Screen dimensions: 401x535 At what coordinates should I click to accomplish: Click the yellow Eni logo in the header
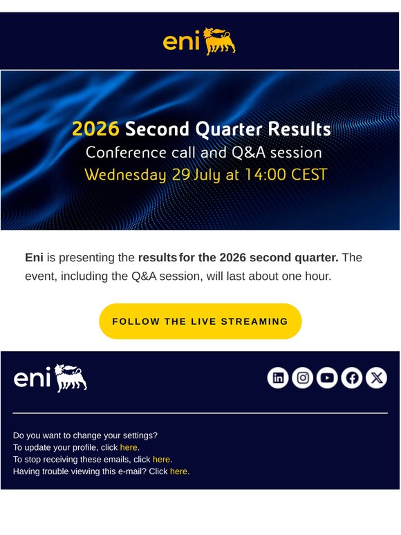pyautogui.click(x=199, y=41)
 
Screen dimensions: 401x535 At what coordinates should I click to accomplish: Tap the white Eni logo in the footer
pyautogui.click(x=50, y=378)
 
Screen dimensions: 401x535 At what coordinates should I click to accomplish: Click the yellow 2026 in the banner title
pyautogui.click(x=95, y=129)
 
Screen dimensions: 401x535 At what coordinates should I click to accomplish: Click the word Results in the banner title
pyautogui.click(x=299, y=129)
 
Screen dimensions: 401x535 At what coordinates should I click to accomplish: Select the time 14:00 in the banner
pyautogui.click(x=265, y=174)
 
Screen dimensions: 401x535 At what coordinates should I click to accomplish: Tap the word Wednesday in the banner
pyautogui.click(x=125, y=175)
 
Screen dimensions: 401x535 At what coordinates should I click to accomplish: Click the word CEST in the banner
pyautogui.click(x=309, y=174)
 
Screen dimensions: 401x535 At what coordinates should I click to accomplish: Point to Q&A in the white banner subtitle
pyautogui.click(x=248, y=153)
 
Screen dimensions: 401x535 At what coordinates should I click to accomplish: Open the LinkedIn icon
pyautogui.click(x=278, y=377)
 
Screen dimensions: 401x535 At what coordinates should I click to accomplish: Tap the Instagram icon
pyautogui.click(x=303, y=377)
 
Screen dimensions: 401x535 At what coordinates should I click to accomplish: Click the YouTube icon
pyautogui.click(x=327, y=377)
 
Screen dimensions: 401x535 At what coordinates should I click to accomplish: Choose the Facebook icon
pyautogui.click(x=352, y=377)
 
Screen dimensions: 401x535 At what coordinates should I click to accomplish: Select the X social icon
pyautogui.click(x=376, y=377)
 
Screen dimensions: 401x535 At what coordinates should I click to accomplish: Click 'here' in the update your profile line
pyautogui.click(x=129, y=447)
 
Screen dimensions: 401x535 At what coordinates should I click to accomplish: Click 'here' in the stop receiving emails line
pyautogui.click(x=161, y=459)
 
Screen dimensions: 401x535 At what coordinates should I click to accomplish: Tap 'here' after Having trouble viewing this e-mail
pyautogui.click(x=179, y=471)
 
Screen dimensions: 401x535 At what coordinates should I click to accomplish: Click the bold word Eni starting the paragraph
pyautogui.click(x=34, y=257)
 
